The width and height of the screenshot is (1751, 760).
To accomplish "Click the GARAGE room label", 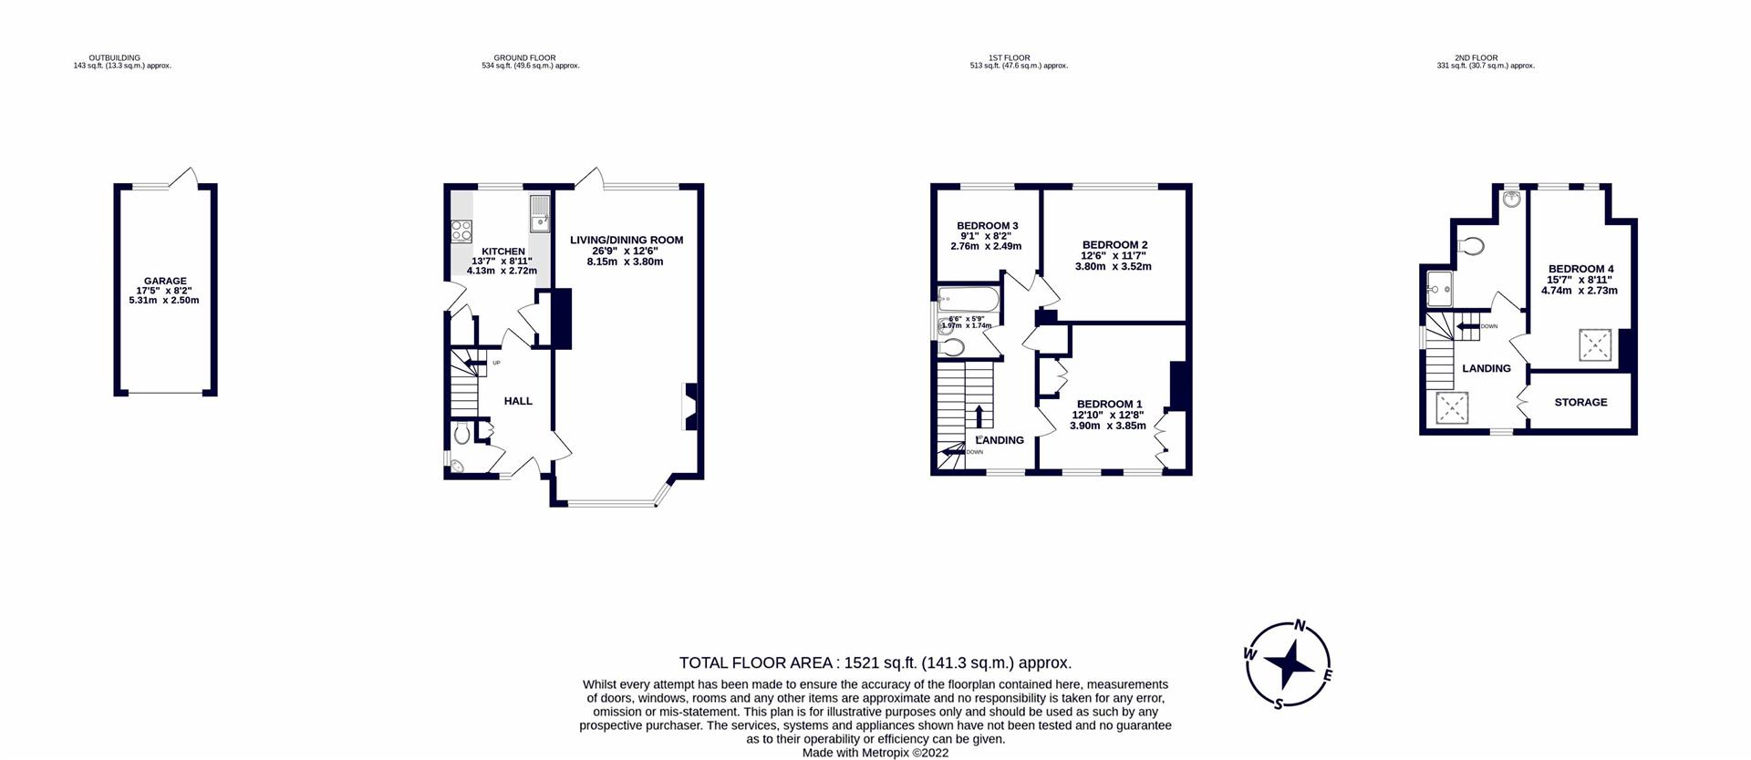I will click(x=164, y=282).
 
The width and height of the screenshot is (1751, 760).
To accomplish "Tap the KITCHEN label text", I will click(x=503, y=252).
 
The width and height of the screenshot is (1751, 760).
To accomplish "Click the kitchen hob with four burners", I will click(x=461, y=231).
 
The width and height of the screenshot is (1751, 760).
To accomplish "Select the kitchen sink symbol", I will click(x=539, y=215).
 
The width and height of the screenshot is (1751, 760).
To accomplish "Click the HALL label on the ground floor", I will click(x=518, y=401).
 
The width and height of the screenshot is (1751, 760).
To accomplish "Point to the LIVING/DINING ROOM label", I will click(x=626, y=241).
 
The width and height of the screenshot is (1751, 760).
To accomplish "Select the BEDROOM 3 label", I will click(x=987, y=226).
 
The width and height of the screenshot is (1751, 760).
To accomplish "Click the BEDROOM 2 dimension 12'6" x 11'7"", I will click(x=1114, y=256).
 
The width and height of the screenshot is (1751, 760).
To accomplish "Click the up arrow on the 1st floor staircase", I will click(x=979, y=416).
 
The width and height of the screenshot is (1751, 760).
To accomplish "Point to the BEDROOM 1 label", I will click(x=1109, y=404).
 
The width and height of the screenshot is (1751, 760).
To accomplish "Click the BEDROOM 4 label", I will click(x=1580, y=269).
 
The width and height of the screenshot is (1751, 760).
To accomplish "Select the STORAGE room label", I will click(x=1580, y=402).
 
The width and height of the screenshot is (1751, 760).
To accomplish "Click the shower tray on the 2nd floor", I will click(x=1437, y=289).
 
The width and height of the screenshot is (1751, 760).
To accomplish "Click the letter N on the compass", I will click(x=1301, y=626).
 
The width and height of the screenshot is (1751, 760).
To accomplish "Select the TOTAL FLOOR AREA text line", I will click(x=875, y=662).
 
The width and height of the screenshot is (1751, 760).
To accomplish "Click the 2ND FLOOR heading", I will click(x=1476, y=58).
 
